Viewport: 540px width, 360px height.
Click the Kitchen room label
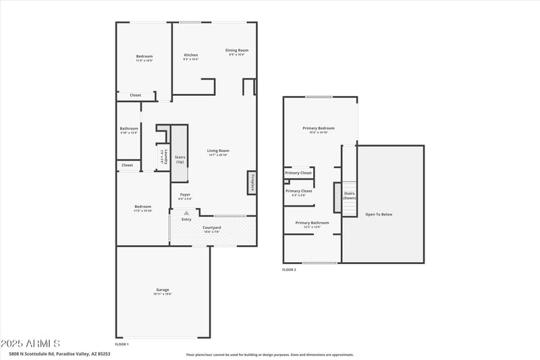point(191,55)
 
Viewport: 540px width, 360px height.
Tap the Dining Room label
point(237,50)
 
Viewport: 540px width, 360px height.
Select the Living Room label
point(218,151)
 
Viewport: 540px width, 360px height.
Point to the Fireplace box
point(252,182)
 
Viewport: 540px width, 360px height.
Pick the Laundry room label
point(164,157)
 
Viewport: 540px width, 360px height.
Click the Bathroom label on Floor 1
point(129,128)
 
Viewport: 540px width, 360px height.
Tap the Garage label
point(163,290)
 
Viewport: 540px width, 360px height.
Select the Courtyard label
point(212,228)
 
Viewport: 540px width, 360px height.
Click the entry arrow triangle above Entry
point(186,213)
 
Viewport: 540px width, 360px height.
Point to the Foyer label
point(185,195)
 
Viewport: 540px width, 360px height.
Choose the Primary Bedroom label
point(319,128)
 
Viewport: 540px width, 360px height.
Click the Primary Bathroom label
point(312,222)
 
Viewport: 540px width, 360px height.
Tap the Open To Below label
point(379,214)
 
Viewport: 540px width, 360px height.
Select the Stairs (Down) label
point(350,196)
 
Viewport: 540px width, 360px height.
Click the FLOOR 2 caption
point(289,269)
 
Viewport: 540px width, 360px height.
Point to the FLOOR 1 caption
point(122,344)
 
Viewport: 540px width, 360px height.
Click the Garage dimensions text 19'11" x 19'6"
point(163,294)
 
